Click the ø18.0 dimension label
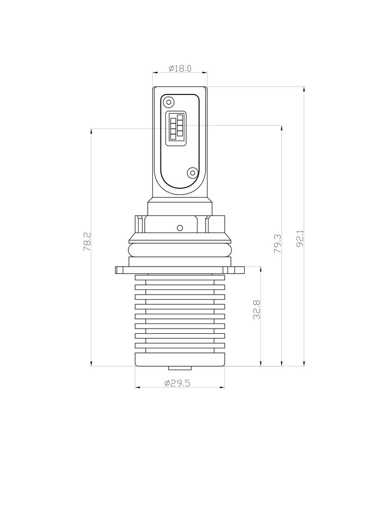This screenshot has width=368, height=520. click(180, 68)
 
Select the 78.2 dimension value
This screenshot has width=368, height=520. click(87, 241)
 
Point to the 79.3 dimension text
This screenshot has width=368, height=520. click(277, 244)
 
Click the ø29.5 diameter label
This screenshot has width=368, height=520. click(177, 383)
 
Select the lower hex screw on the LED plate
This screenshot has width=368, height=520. click(191, 173)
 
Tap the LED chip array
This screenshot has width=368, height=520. click(176, 126)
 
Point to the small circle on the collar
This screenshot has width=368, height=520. click(180, 227)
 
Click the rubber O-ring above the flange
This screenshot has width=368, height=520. click(180, 250)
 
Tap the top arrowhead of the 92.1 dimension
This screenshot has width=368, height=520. click(304, 89)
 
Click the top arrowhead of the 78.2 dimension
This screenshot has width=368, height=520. click(91, 131)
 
